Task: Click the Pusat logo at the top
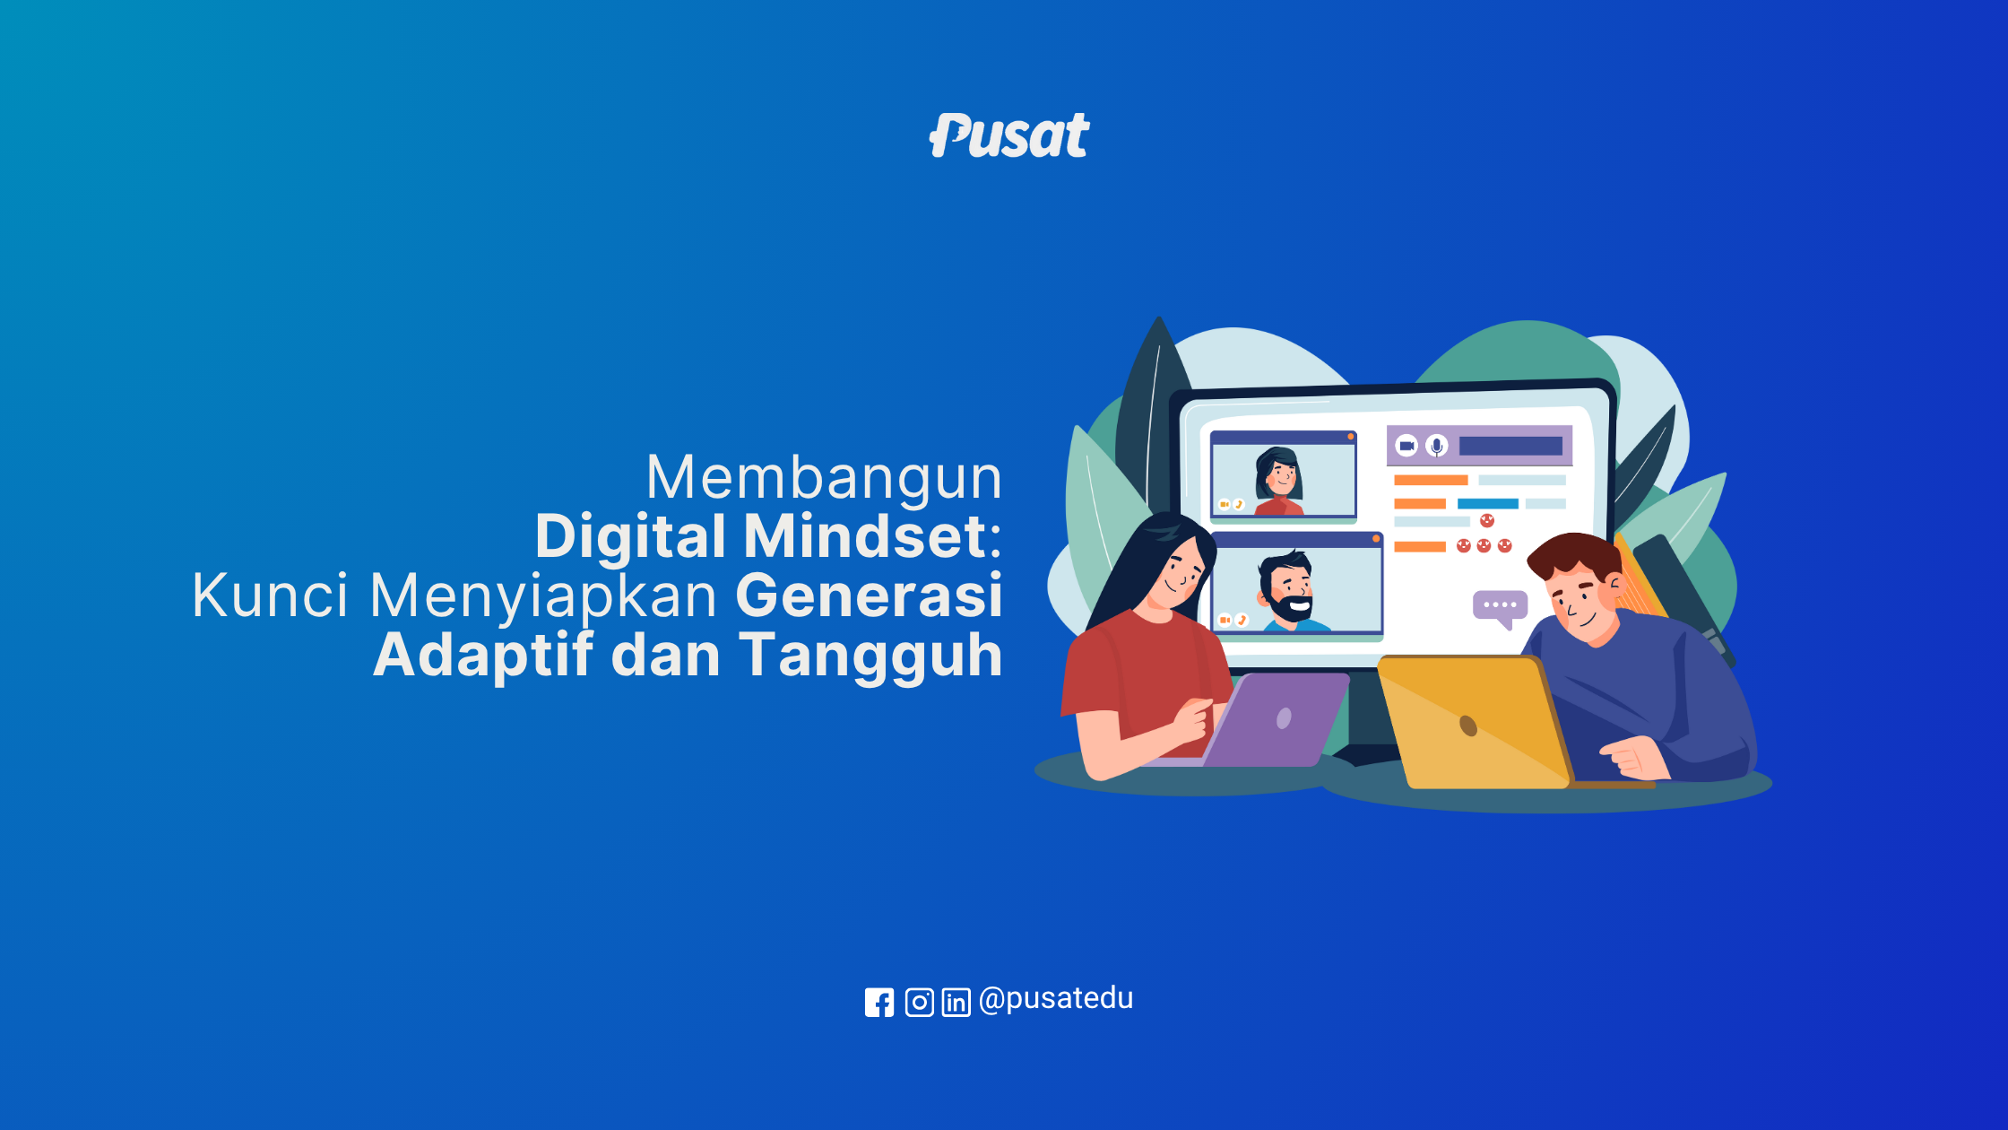(1009, 135)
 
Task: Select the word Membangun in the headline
(824, 477)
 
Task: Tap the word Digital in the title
(630, 536)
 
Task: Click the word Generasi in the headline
(869, 595)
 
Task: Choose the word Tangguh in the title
(870, 655)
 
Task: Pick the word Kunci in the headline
(270, 595)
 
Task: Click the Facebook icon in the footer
(879, 1002)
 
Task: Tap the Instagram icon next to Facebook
(920, 1002)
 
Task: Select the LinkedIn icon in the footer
(956, 1002)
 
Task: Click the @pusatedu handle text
(1056, 998)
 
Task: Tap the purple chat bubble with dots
(1501, 608)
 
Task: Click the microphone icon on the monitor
(1437, 446)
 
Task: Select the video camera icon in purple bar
(1407, 446)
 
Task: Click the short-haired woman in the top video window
(1279, 482)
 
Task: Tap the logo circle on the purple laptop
(1284, 718)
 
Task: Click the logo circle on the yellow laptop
(1468, 725)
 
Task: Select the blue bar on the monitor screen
(1488, 504)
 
